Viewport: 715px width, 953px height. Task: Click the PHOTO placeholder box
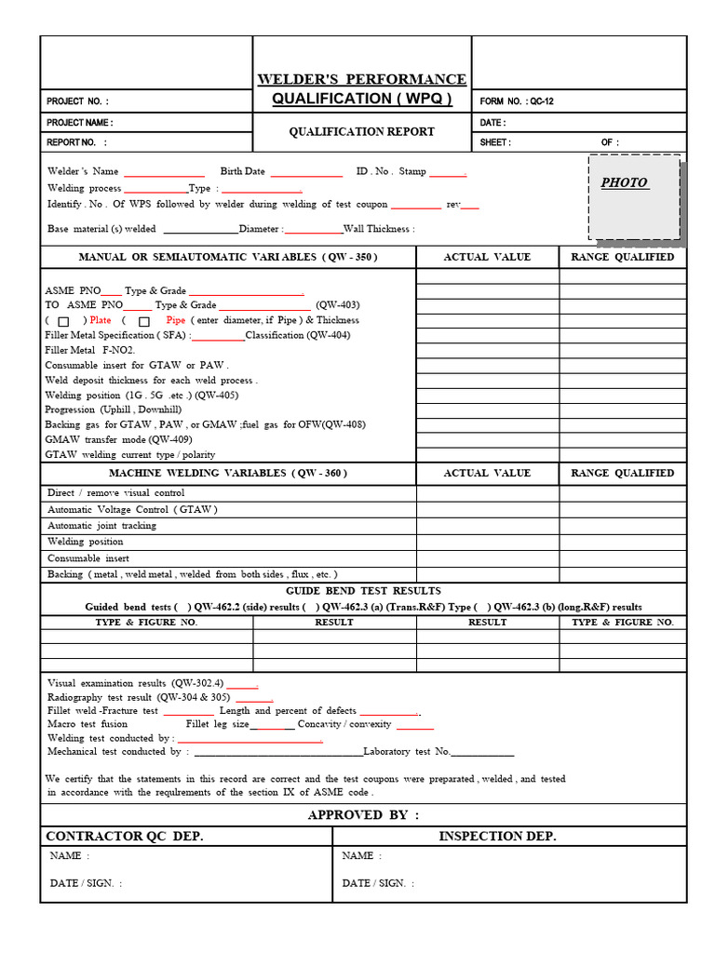coord(634,196)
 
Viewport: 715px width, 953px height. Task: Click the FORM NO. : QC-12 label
coord(517,101)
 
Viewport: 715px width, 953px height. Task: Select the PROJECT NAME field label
coord(80,123)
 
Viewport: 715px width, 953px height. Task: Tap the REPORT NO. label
coord(76,142)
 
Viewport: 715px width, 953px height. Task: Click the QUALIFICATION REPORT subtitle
coord(361,131)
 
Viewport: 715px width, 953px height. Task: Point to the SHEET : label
coord(495,142)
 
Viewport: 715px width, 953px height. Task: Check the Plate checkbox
coord(63,321)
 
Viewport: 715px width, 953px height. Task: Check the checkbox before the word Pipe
coord(144,321)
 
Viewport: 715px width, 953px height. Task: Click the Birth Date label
coord(242,171)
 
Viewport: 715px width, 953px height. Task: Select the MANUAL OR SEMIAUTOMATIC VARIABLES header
coord(228,257)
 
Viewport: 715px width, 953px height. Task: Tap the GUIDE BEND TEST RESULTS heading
coord(363,591)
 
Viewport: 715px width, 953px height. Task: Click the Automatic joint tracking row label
coord(102,526)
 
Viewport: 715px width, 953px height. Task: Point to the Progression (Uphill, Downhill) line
coord(114,409)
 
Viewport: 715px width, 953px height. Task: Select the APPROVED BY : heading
coord(363,814)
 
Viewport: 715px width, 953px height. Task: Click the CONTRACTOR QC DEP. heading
coord(125,836)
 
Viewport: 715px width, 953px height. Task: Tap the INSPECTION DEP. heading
coord(497,836)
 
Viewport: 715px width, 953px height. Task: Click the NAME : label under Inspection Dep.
coord(362,855)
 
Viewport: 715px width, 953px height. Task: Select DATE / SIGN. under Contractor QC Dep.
coord(86,883)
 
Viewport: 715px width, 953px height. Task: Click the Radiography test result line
coord(140,697)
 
